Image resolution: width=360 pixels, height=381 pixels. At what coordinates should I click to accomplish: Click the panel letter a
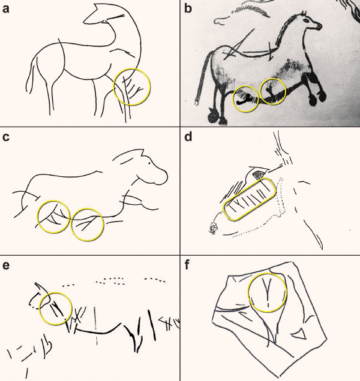(6, 9)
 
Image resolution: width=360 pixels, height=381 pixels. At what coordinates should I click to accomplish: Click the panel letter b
(188, 8)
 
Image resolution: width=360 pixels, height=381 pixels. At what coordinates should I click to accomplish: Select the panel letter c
(6, 137)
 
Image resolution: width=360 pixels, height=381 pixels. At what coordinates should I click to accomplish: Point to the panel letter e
(6, 266)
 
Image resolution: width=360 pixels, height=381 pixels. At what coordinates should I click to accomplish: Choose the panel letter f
(187, 265)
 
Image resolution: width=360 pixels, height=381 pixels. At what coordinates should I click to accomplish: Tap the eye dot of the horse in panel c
(149, 163)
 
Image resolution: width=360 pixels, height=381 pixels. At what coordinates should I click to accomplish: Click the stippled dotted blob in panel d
(214, 228)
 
